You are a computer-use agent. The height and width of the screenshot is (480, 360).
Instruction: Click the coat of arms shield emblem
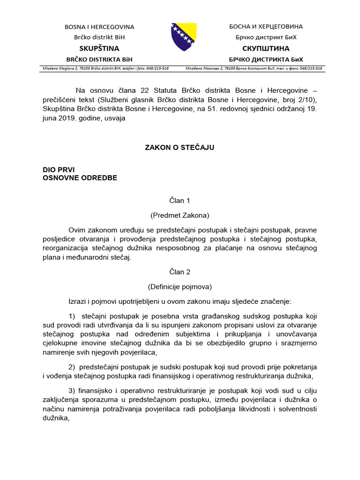click(x=183, y=37)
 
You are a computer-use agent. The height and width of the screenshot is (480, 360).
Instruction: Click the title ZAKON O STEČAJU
click(x=180, y=148)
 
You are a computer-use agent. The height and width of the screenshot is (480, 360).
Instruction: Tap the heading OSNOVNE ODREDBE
click(x=80, y=178)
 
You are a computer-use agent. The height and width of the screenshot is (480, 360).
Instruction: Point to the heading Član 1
click(x=180, y=201)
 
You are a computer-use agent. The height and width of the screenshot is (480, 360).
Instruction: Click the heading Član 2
click(x=180, y=272)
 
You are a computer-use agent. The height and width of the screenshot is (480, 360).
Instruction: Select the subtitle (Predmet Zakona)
click(x=180, y=216)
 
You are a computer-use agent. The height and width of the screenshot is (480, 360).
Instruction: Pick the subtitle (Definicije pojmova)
click(x=180, y=286)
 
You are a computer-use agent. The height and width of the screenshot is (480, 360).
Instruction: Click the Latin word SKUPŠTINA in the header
click(x=99, y=48)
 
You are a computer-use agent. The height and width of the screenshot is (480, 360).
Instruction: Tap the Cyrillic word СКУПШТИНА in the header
click(x=266, y=48)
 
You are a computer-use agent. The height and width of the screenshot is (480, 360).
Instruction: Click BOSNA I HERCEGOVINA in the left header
click(x=99, y=27)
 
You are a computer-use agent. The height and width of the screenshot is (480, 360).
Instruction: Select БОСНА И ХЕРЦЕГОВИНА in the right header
click(x=266, y=27)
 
